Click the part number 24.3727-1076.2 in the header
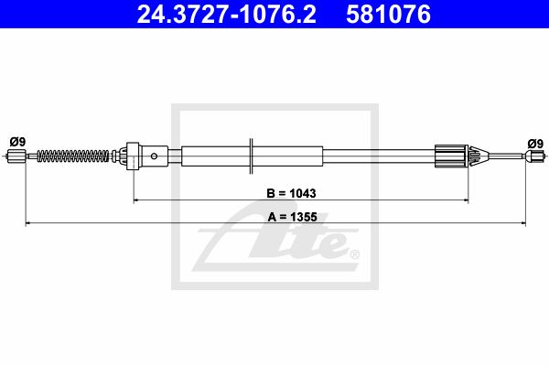[226, 15]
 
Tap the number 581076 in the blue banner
[388, 15]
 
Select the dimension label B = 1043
[291, 193]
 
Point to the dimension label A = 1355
[293, 217]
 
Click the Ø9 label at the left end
[17, 142]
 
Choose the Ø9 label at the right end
[535, 144]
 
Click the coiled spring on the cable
[73, 156]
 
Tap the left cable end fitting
[16, 156]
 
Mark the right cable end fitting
[534, 156]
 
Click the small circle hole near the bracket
[154, 156]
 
